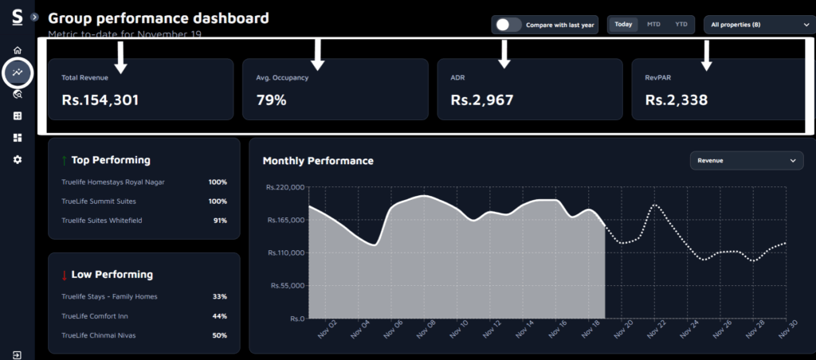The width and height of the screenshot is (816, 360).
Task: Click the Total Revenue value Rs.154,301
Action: (100, 100)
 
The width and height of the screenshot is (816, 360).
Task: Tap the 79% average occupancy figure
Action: (272, 100)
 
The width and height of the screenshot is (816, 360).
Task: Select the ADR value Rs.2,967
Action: (481, 100)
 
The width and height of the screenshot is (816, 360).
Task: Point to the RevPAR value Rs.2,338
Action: (676, 100)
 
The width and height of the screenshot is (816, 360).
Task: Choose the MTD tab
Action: (653, 25)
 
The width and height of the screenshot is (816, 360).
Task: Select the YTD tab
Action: (681, 25)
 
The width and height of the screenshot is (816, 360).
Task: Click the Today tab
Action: (623, 25)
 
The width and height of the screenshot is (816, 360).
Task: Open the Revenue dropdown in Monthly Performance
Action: (746, 161)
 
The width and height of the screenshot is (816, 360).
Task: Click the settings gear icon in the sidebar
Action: (18, 159)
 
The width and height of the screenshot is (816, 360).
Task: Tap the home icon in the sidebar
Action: (18, 50)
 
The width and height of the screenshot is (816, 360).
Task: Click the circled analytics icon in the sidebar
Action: (18, 72)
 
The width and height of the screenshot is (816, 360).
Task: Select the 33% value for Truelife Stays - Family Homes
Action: (219, 296)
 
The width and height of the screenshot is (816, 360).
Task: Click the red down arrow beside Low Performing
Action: (64, 275)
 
